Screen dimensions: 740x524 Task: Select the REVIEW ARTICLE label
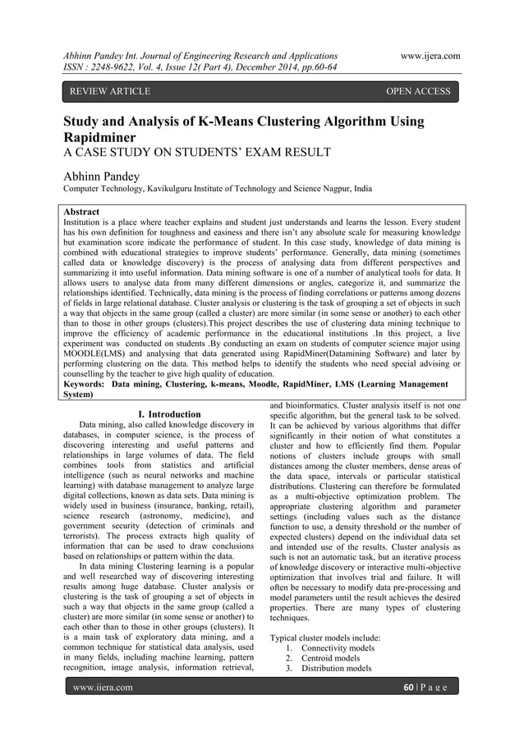[x=111, y=91]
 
